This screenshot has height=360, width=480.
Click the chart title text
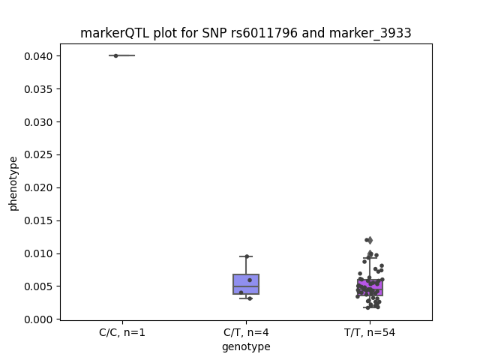coord(245,33)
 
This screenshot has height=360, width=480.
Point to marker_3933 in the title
coord(370,33)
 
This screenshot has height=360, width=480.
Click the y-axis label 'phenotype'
coord(13,184)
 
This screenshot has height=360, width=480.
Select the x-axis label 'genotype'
coord(246,346)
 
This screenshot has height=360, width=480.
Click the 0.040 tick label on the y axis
coord(38,56)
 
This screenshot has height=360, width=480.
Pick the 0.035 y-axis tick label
coord(38,89)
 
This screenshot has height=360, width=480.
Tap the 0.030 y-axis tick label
coord(38,122)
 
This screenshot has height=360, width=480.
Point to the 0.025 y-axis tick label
coord(38,155)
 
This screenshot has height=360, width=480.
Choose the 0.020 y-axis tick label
coord(38,187)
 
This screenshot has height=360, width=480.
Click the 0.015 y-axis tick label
coord(38,220)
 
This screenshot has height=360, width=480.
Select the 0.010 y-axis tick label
coord(38,253)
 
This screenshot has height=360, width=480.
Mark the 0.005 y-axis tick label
coord(38,286)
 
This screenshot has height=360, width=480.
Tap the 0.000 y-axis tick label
coord(38,319)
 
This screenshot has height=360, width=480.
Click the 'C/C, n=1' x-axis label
coord(122,332)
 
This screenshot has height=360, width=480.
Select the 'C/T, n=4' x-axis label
coord(246,332)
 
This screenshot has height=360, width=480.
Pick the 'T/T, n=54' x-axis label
coord(370,332)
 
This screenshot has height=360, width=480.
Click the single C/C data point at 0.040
coord(115,55)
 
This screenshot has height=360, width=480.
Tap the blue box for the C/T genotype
coord(246,284)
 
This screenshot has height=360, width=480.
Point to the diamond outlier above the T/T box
coord(370,240)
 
